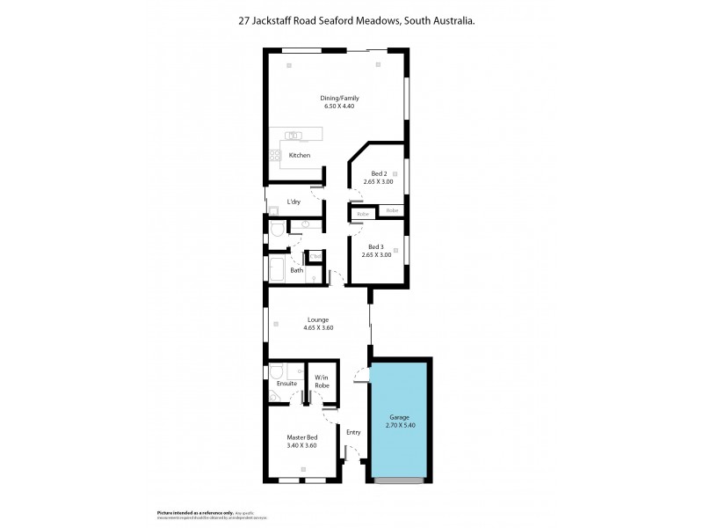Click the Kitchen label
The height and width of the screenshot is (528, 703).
pyautogui.click(x=300, y=156)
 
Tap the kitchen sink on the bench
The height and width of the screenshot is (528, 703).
pyautogui.click(x=294, y=136)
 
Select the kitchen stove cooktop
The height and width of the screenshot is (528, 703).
pyautogui.click(x=274, y=157)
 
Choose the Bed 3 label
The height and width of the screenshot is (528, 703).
pyautogui.click(x=375, y=246)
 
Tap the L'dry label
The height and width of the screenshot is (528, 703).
pyautogui.click(x=294, y=202)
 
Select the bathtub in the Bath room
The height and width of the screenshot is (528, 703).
pyautogui.click(x=274, y=270)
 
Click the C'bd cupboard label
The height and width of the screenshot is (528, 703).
pyautogui.click(x=315, y=257)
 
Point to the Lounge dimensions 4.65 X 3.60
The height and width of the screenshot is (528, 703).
pyautogui.click(x=318, y=328)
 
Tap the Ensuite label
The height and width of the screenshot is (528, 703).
pyautogui.click(x=286, y=384)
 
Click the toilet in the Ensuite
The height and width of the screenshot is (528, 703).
pyautogui.click(x=275, y=371)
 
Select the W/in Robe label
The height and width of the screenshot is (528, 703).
pyautogui.click(x=322, y=382)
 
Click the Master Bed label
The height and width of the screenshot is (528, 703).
pyautogui.click(x=301, y=437)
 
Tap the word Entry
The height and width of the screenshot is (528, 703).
pyautogui.click(x=353, y=432)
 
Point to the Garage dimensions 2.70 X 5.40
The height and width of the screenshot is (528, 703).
pyautogui.click(x=400, y=426)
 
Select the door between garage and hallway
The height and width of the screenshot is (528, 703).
pyautogui.click(x=360, y=377)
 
